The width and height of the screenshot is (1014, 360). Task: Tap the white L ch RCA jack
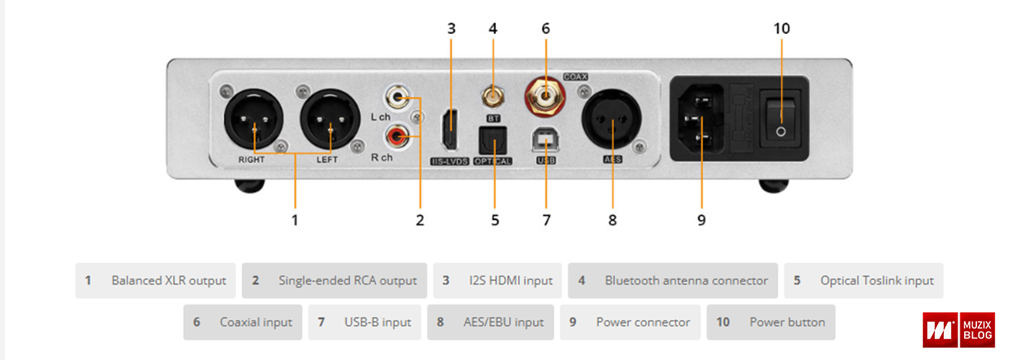(x=397, y=96)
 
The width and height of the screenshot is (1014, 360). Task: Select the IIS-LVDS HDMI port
(x=451, y=127)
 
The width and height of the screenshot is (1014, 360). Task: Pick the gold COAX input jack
(x=545, y=93)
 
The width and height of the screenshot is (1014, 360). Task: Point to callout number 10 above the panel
(x=782, y=28)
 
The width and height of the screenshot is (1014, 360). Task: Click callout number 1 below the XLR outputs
(x=295, y=219)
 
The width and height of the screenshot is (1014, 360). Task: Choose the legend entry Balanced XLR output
(x=156, y=280)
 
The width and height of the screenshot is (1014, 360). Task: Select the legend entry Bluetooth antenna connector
(x=673, y=280)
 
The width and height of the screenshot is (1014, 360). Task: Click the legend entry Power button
(x=771, y=322)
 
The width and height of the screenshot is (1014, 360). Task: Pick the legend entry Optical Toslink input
(x=863, y=280)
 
